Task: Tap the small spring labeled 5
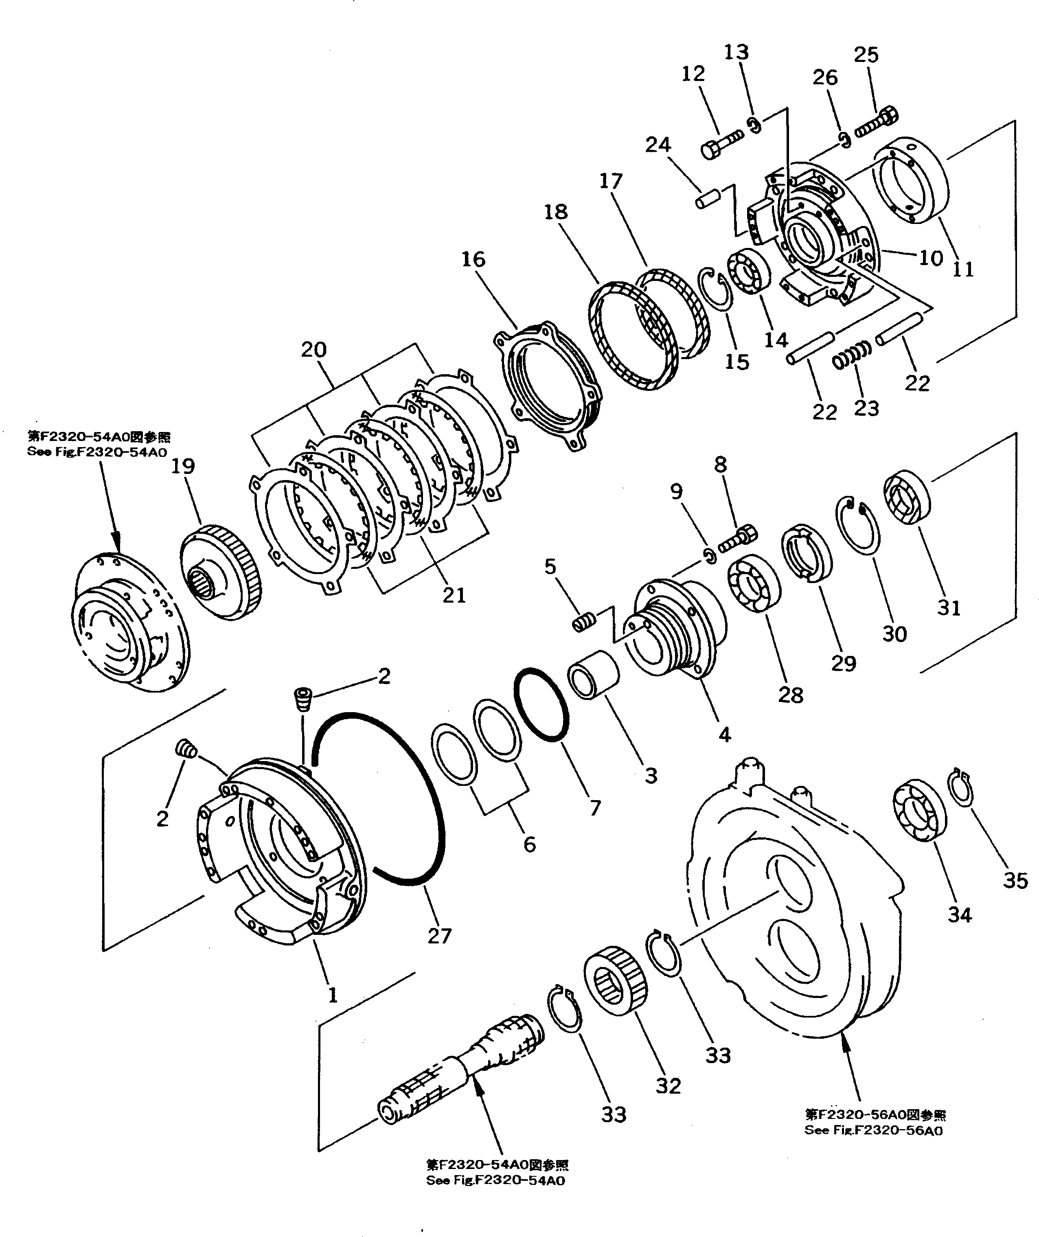(585, 621)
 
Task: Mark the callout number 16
(473, 259)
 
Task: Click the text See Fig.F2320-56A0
(873, 1130)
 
